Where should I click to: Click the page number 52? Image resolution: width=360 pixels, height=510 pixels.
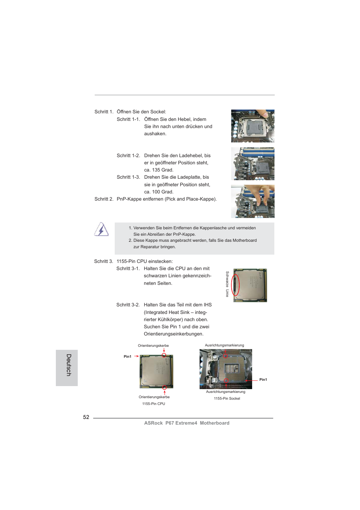click(86, 417)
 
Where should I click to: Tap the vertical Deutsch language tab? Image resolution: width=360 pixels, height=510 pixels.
click(67, 367)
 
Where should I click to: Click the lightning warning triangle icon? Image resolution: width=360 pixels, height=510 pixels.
click(101, 230)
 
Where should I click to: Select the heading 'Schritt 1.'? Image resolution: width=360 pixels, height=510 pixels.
click(104, 112)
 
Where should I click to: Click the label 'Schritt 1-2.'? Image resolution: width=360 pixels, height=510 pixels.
click(128, 156)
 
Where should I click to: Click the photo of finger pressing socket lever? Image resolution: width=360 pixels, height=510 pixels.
click(252, 126)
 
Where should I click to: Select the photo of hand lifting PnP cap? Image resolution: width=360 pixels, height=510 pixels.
click(252, 201)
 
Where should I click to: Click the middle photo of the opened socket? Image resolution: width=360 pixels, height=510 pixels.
click(252, 164)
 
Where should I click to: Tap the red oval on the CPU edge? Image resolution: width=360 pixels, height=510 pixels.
click(235, 285)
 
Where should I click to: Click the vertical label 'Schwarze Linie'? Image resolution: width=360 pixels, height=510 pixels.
click(227, 284)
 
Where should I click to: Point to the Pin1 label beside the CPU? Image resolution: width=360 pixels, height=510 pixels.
click(128, 357)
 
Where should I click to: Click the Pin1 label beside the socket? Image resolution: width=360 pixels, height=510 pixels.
click(263, 380)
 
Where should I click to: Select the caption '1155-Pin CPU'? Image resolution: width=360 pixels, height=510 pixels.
click(154, 404)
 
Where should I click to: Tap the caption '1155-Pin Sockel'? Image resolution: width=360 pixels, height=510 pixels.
click(227, 399)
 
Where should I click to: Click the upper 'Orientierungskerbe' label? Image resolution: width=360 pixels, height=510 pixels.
click(153, 346)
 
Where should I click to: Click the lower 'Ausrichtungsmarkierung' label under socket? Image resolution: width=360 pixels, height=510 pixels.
click(226, 392)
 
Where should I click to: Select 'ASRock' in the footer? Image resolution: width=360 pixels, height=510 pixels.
click(153, 423)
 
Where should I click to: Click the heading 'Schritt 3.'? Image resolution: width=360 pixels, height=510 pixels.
click(103, 261)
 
